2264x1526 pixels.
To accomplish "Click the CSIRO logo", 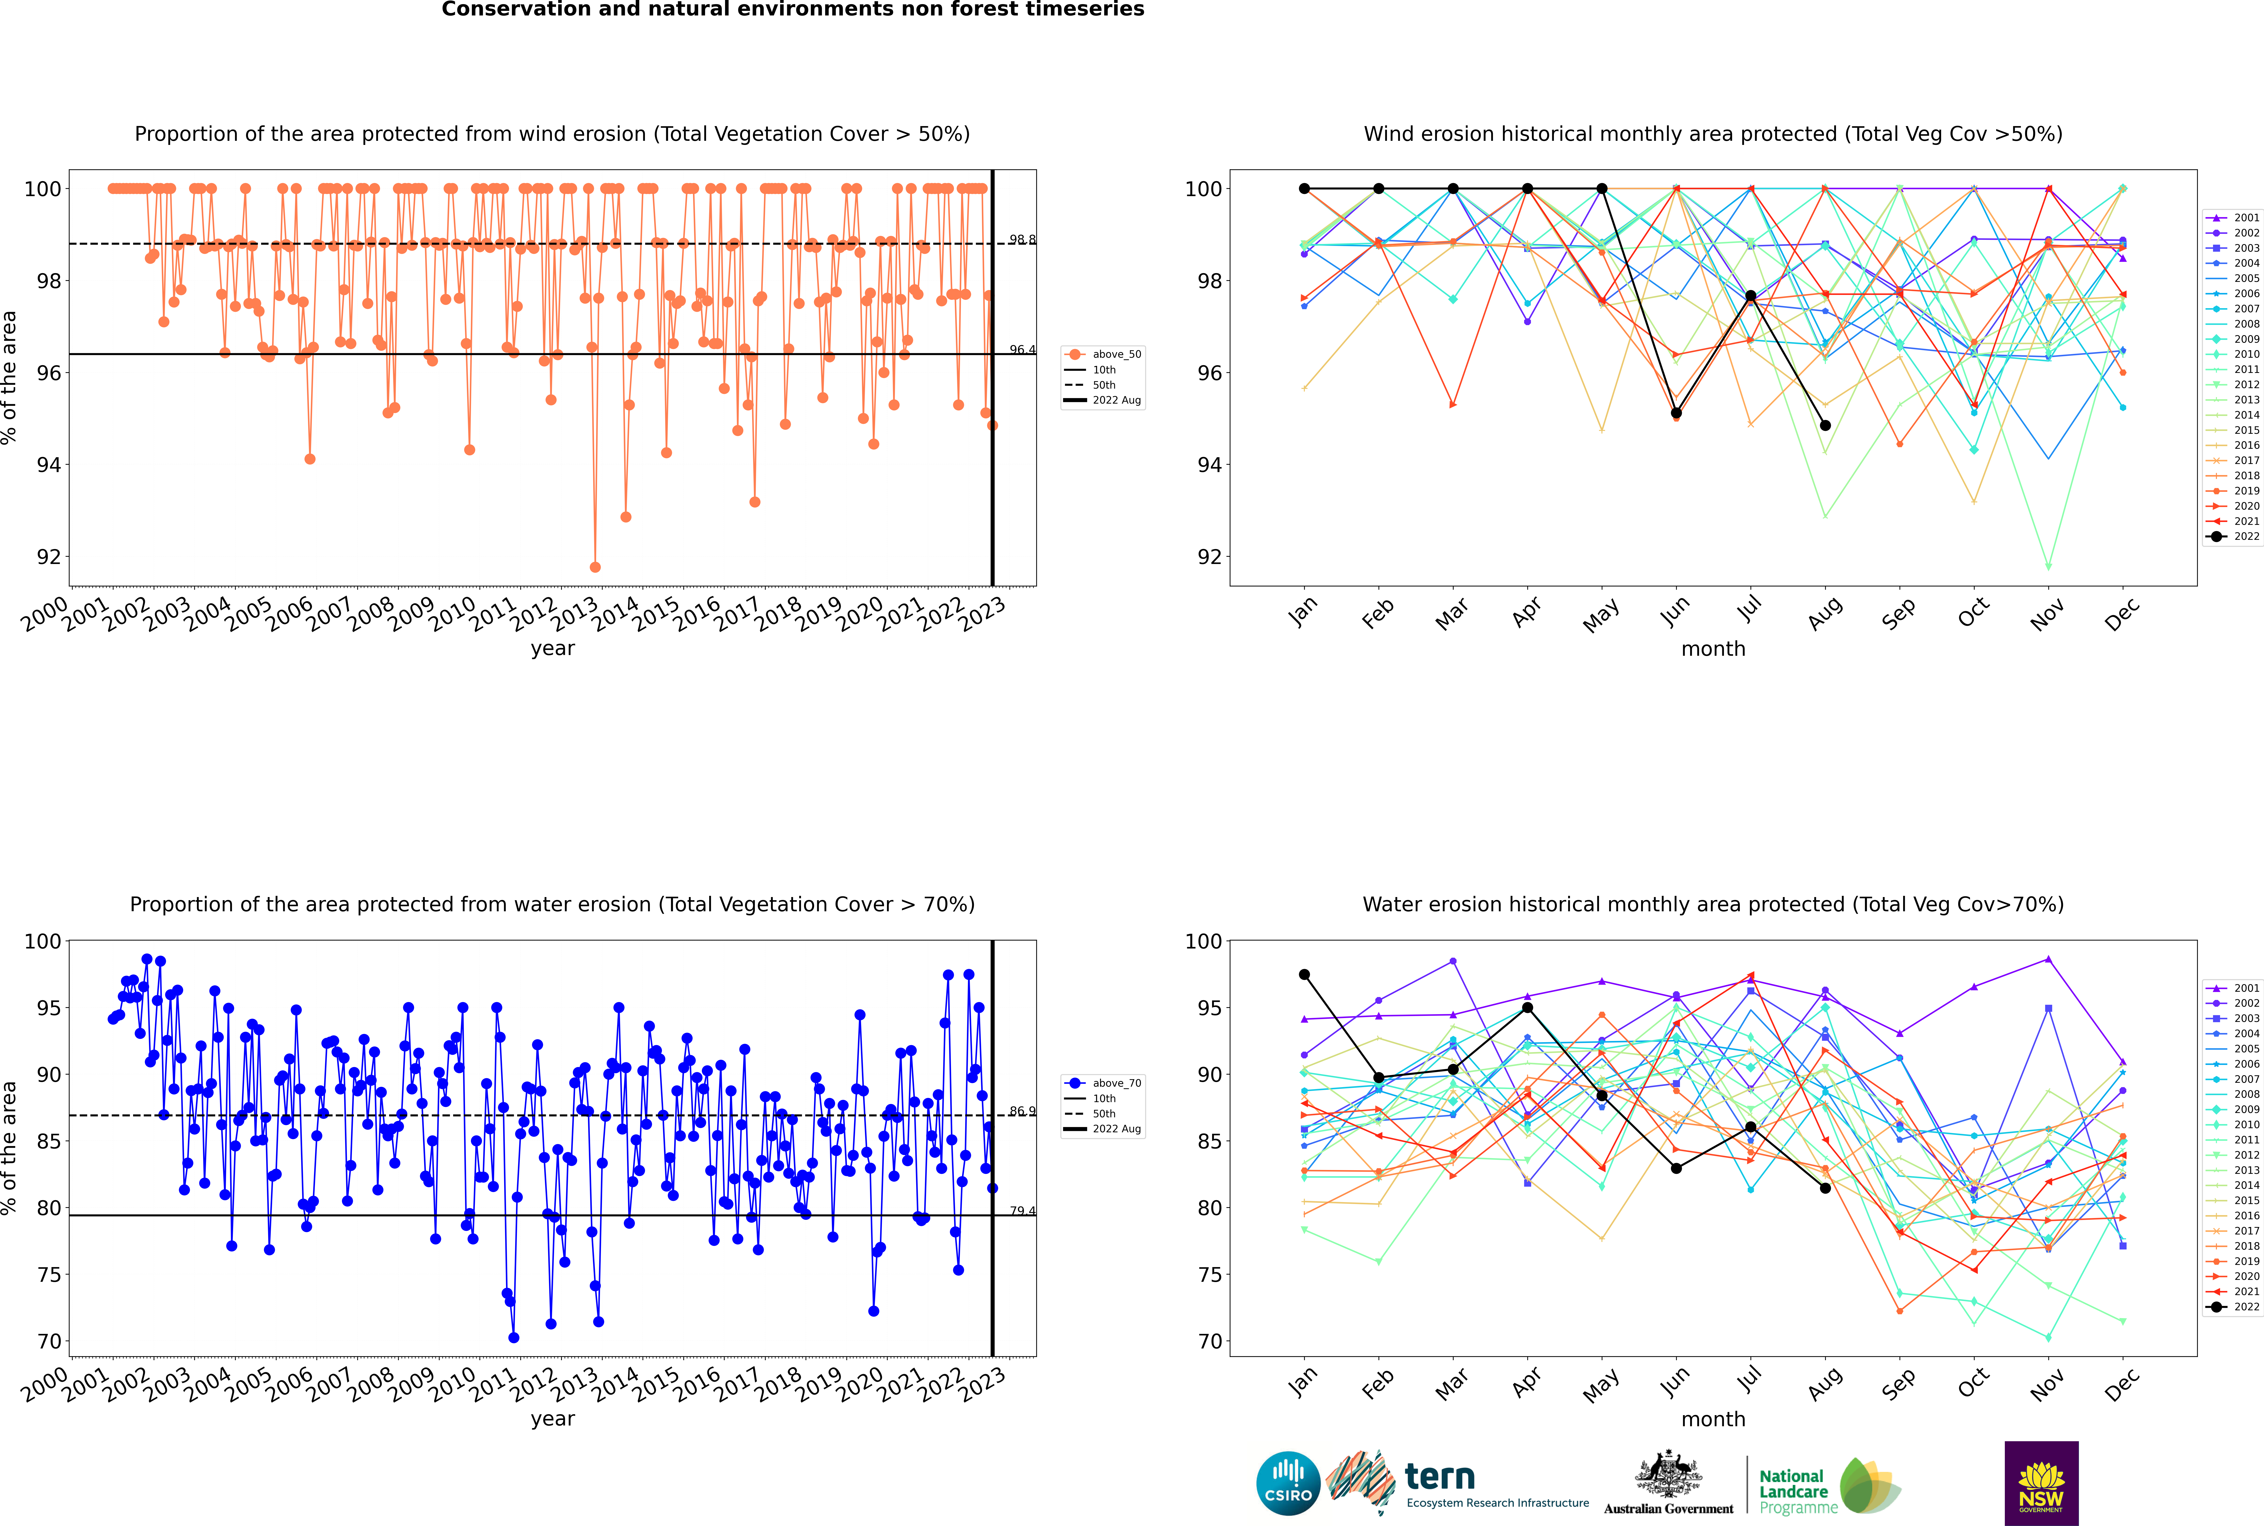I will pos(1288,1483).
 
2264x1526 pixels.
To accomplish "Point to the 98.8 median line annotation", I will pos(1022,239).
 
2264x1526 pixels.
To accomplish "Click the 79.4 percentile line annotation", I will pos(1022,1212).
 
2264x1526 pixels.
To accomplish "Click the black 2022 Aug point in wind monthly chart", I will pos(1825,425).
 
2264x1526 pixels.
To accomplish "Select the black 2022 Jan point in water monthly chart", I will pos(1304,974).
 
